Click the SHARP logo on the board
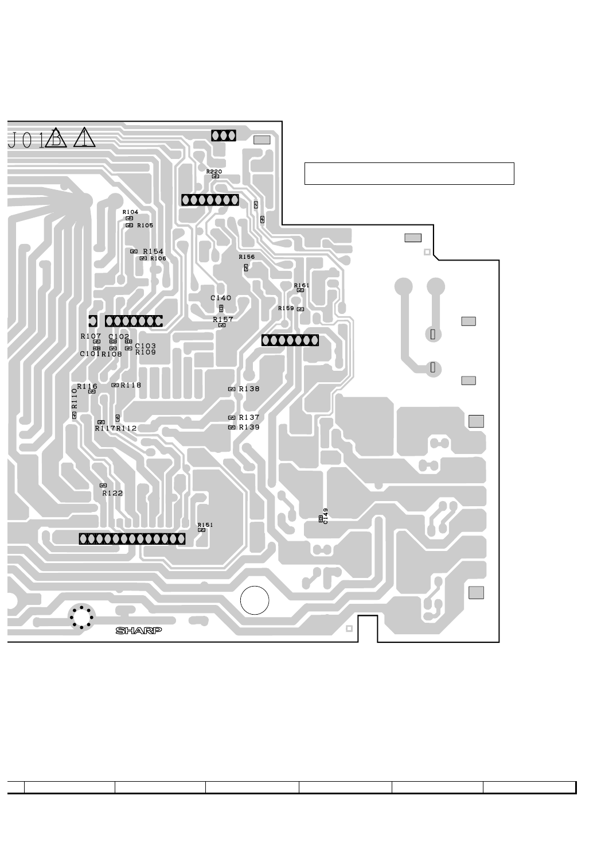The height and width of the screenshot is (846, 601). [139, 630]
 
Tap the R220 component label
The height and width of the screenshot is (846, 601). [214, 171]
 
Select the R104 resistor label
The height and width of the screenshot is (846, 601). [130, 212]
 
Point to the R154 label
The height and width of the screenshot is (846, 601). [153, 251]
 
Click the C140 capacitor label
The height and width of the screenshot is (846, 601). [221, 298]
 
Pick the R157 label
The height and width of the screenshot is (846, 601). [223, 319]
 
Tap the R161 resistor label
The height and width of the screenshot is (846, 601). [302, 285]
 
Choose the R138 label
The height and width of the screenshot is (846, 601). [249, 389]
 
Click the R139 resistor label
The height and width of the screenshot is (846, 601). [249, 428]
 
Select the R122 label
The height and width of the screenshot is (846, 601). [112, 493]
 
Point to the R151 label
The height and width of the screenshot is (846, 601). [205, 525]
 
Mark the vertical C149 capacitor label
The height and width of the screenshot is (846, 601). [326, 515]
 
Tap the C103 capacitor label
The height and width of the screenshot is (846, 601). [145, 346]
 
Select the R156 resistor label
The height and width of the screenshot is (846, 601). [247, 257]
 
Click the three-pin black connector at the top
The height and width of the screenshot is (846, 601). [224, 135]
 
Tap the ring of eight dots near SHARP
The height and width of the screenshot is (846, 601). [81, 617]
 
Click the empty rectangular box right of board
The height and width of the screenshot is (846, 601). [409, 173]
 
